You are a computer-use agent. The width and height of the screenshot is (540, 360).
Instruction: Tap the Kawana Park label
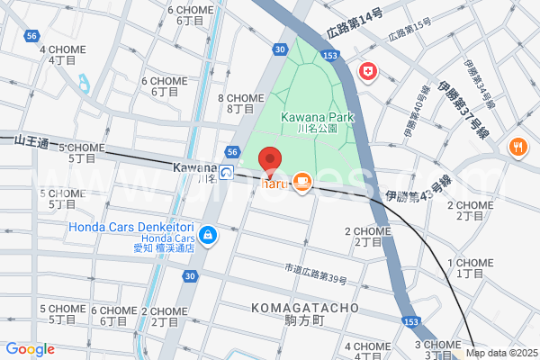[x=317, y=117]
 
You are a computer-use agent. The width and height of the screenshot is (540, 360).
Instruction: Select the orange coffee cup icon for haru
[x=301, y=183]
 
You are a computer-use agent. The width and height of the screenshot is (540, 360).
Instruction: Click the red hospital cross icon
[x=368, y=72]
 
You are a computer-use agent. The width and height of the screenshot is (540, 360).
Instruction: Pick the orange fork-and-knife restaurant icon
[x=518, y=148]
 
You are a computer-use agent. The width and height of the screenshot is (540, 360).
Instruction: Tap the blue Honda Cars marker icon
[x=208, y=235]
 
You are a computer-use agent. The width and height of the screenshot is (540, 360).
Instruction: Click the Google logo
[x=30, y=349]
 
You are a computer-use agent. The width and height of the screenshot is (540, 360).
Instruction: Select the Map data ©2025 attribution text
[x=501, y=352]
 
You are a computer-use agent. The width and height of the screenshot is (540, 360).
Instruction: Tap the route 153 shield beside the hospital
[x=331, y=56]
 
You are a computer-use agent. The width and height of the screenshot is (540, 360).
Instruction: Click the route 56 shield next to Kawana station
[x=232, y=152]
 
